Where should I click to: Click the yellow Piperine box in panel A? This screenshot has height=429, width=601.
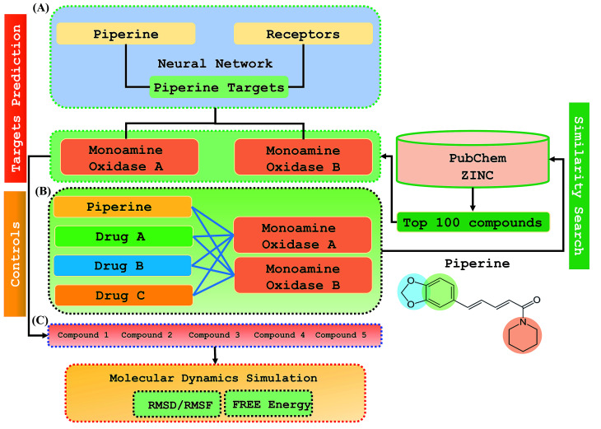124,34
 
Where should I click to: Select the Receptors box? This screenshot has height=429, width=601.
303,34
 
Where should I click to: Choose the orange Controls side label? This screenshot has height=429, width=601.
16,254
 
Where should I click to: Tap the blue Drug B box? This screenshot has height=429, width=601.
122,266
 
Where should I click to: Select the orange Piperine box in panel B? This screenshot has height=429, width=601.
122,208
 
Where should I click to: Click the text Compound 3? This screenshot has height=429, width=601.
214,336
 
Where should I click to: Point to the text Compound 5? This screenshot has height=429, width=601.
340,336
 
